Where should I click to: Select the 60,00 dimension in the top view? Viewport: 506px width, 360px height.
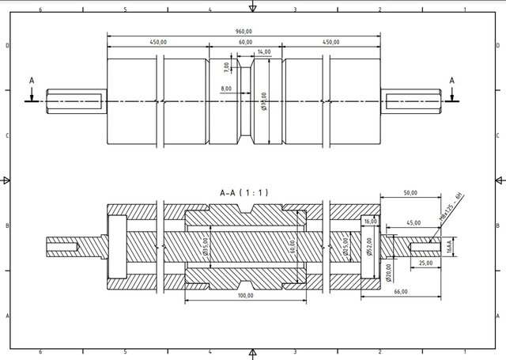coord(244,42)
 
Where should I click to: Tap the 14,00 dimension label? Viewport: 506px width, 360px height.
coord(263,52)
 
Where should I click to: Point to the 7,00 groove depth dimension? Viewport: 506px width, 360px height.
coord(226,66)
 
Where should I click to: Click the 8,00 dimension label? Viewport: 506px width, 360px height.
coord(227,89)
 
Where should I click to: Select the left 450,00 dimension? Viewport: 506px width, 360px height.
coord(157,42)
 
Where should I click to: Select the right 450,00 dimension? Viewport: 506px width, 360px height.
coord(330,42)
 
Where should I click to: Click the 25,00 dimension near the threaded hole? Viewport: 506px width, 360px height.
coord(425,262)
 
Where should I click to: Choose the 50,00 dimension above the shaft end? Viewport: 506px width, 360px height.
coord(410,192)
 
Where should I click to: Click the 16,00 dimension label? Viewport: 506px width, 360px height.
coord(372,222)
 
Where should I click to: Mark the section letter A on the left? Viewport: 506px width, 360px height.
coord(32,81)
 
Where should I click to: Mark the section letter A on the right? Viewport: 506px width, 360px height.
coord(452,81)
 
